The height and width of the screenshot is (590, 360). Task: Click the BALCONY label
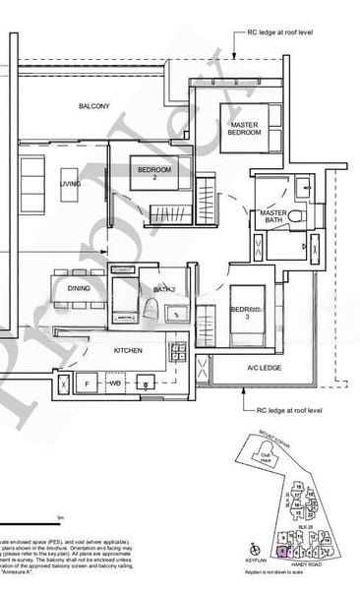click(94, 105)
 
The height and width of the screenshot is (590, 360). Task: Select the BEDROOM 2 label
click(154, 174)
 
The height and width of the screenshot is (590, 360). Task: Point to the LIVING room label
click(70, 183)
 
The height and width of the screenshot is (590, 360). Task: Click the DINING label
click(79, 288)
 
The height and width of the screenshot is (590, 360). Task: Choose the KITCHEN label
click(128, 350)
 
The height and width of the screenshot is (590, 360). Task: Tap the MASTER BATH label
click(272, 218)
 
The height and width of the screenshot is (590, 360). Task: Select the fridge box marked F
click(87, 383)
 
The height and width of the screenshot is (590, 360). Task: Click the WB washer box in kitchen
click(115, 383)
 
